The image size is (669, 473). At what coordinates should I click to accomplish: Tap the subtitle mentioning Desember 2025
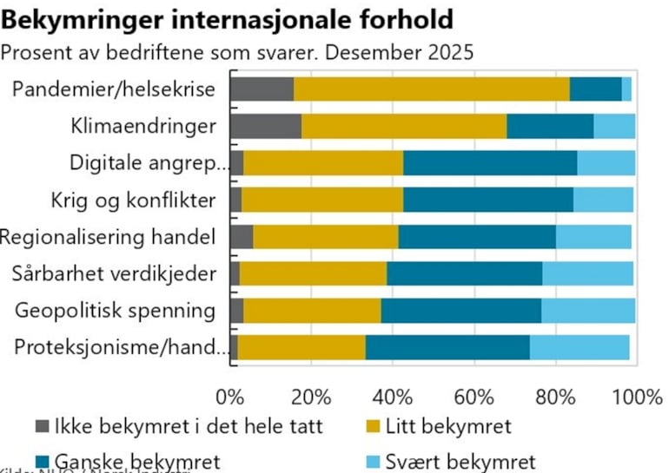[x=238, y=52]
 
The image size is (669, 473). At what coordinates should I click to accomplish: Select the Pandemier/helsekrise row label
[x=115, y=89]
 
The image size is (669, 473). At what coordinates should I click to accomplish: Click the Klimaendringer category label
[x=143, y=126]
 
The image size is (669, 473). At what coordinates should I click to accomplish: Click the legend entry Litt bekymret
[x=448, y=426]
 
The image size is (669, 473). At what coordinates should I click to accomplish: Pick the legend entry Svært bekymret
[x=460, y=461]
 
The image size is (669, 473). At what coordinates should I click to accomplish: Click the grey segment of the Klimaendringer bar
[x=265, y=126]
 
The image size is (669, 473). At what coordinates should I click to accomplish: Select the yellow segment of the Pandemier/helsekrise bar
[x=431, y=89]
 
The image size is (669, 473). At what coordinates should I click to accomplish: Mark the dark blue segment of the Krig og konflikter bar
[x=487, y=200]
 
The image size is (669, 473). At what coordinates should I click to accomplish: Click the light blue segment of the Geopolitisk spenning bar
[x=588, y=310]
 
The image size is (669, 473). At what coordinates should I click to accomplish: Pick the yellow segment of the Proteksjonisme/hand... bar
[x=301, y=346]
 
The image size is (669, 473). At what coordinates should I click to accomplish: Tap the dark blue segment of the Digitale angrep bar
[x=490, y=162]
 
